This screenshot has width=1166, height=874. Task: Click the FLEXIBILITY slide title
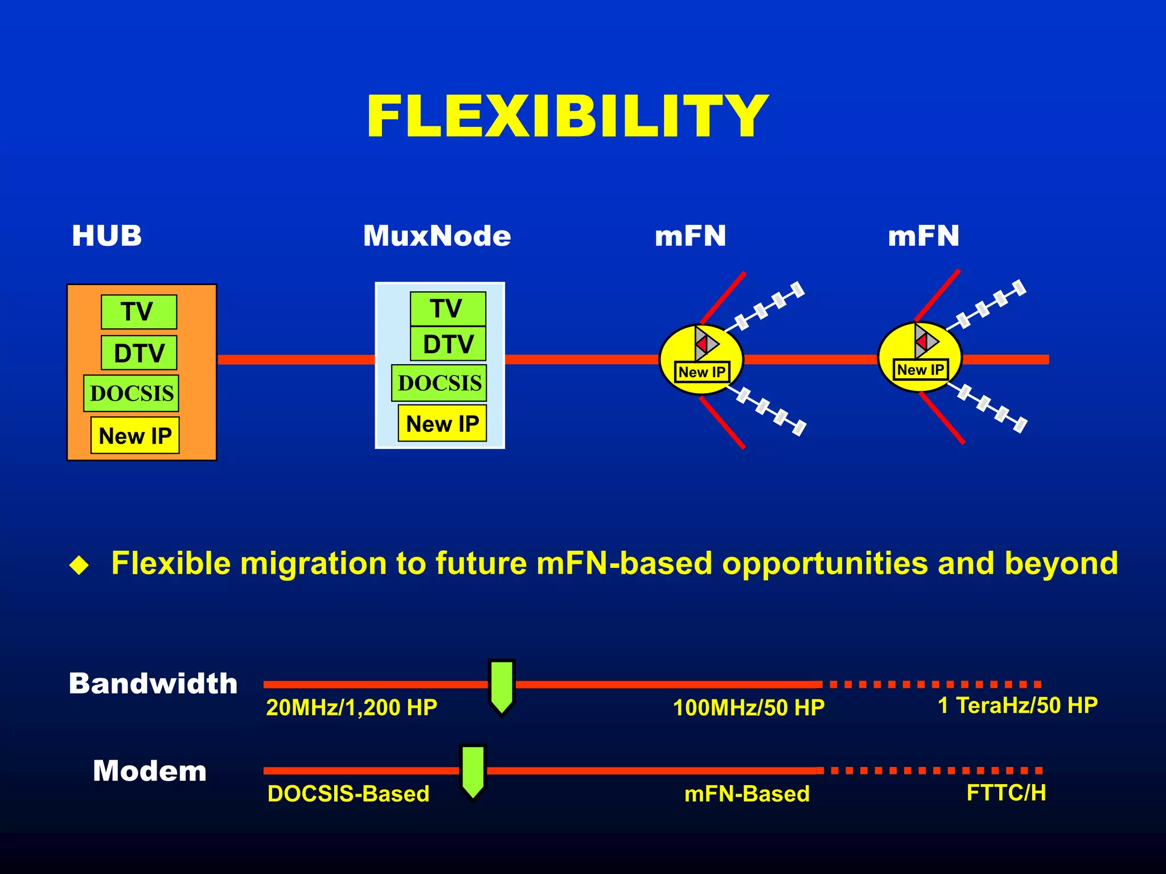click(x=567, y=117)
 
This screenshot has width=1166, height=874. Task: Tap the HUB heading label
click(x=106, y=236)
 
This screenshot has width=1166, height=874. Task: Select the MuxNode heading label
click(x=437, y=236)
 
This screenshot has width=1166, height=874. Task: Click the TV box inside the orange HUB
click(x=139, y=311)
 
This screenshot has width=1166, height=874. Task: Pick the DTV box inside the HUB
click(x=139, y=353)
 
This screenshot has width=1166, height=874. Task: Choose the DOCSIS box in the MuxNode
click(x=439, y=383)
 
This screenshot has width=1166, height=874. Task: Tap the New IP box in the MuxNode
click(x=442, y=423)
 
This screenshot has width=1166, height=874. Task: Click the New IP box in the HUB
click(x=135, y=436)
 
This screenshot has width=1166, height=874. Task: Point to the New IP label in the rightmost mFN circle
click(x=920, y=370)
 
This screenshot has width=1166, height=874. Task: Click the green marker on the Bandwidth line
click(x=502, y=686)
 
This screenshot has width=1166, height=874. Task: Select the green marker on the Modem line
click(x=473, y=771)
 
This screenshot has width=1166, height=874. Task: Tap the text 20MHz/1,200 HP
click(x=351, y=707)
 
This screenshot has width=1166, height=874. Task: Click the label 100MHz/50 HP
click(x=748, y=707)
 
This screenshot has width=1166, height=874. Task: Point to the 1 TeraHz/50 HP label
click(x=1017, y=705)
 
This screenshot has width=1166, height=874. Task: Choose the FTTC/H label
click(x=1005, y=793)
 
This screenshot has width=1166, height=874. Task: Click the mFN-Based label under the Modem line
click(x=746, y=794)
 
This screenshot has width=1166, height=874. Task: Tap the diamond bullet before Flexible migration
click(x=79, y=565)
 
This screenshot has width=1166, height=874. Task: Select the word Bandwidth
click(x=153, y=683)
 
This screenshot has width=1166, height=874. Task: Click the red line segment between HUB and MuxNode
click(x=296, y=360)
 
